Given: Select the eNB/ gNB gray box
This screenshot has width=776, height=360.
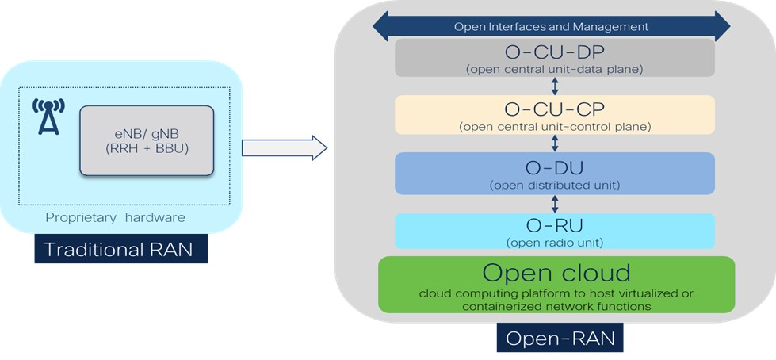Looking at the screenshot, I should coord(146,140).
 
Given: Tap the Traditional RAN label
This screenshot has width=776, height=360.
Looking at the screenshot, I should coord(120,249).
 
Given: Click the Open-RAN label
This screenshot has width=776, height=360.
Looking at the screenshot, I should coord(560,339).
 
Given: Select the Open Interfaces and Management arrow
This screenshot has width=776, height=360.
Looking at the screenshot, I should coord(551,26).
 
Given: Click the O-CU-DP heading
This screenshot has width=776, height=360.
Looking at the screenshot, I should coord(554,53).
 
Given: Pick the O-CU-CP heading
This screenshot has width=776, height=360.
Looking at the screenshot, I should coord(554,109).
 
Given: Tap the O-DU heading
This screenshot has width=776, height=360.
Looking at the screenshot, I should coord(554,168).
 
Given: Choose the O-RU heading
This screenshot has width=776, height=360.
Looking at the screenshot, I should coord(554,225).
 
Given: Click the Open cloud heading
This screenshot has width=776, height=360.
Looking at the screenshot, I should coord(556,273).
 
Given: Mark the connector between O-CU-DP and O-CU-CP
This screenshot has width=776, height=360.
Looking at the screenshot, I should coord(555,86).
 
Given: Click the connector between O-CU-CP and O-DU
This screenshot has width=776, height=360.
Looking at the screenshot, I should coord(555,143).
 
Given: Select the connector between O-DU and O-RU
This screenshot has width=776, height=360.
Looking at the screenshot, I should coord(555,202).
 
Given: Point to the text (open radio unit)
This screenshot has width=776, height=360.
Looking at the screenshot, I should coord(554,242).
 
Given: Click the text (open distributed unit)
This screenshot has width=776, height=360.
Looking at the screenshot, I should coord(554,186).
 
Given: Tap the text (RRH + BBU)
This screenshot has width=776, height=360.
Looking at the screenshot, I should coord(146,148).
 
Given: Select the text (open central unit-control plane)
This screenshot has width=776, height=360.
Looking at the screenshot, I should coord(554,126).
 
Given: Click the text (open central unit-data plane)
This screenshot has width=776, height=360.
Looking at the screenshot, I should coord(554,70).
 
